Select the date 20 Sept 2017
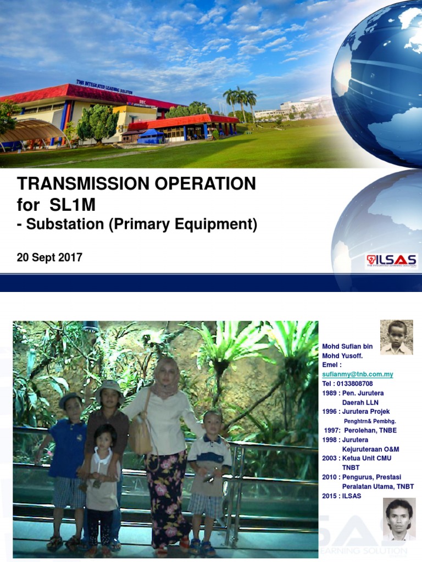49,257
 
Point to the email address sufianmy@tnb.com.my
358,374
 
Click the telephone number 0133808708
355,384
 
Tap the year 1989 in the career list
330,393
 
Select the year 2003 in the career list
330,458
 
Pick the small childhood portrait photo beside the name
396,337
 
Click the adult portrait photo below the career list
399,519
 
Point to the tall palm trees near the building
241,102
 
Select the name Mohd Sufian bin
347,346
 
